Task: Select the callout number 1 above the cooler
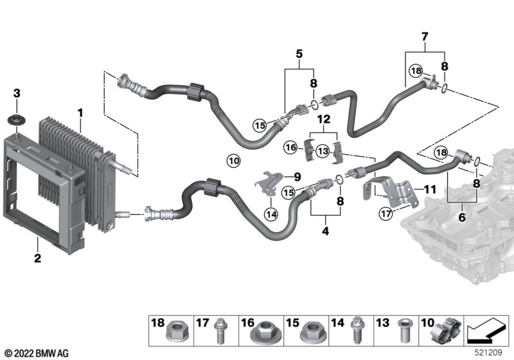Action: point(80,113)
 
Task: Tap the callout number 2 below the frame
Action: point(38,258)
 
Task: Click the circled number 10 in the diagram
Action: point(233,161)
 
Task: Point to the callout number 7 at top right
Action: point(425,37)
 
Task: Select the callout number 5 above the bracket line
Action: point(299,54)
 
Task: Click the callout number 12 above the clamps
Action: point(324,119)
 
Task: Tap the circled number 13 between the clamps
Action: point(323,151)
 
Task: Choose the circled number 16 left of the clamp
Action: point(290,147)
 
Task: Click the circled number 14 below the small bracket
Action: point(271,215)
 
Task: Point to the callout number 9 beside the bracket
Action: point(297,177)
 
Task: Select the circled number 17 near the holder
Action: point(385,214)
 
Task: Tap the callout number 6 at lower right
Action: point(462,217)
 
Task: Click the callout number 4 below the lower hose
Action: point(325,231)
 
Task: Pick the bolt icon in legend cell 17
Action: point(220,331)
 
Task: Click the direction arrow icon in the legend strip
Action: point(487,330)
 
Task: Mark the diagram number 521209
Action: point(488,352)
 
